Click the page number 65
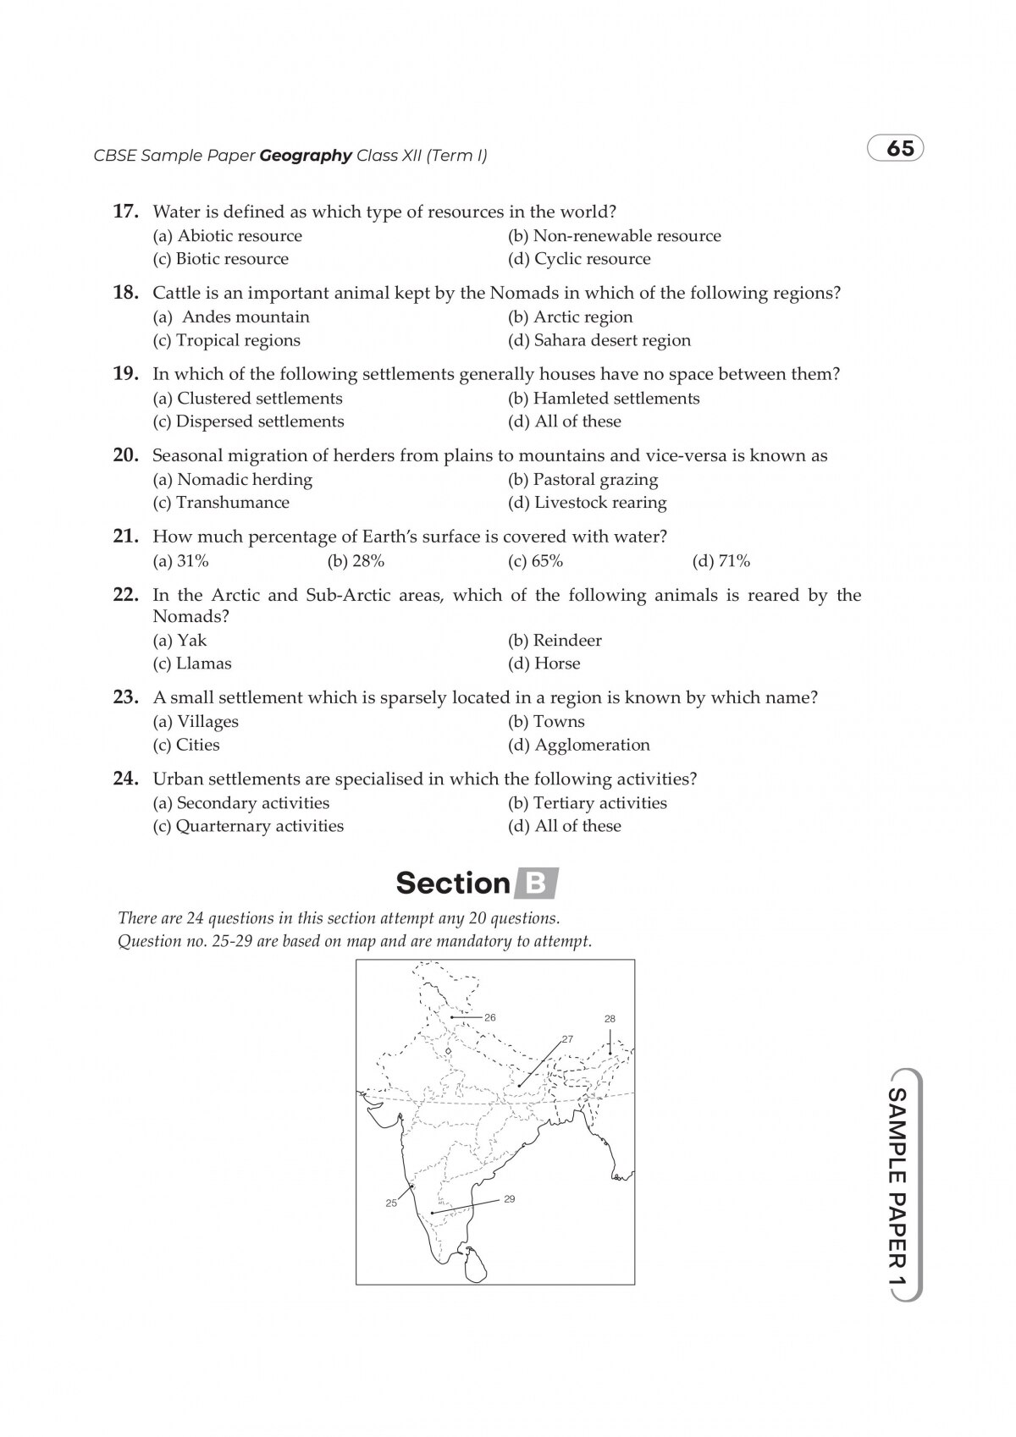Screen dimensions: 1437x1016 click(x=900, y=148)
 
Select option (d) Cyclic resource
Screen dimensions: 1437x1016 click(x=579, y=259)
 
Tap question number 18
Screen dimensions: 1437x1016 click(x=125, y=293)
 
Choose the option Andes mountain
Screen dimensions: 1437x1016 click(x=231, y=317)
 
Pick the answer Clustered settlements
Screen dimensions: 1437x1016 click(x=247, y=399)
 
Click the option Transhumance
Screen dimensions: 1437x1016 click(x=221, y=503)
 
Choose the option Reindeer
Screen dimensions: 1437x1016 click(x=555, y=641)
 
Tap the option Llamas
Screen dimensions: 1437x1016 click(x=192, y=663)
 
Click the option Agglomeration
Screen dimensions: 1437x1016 click(x=579, y=746)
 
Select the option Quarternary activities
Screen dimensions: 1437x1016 click(x=248, y=826)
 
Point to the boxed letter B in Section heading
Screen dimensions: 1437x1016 click(x=536, y=884)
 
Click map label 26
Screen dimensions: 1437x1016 click(x=490, y=1017)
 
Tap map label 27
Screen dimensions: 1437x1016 click(x=567, y=1038)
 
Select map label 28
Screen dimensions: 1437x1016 click(x=610, y=1019)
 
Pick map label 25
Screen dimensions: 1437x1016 click(x=391, y=1203)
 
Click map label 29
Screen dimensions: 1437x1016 click(x=509, y=1198)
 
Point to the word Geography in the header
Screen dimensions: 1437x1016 click(x=305, y=156)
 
